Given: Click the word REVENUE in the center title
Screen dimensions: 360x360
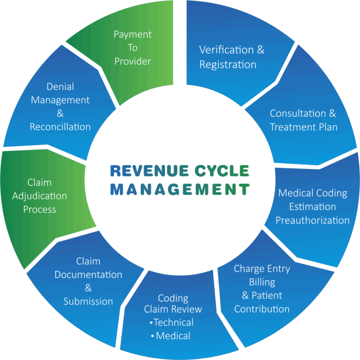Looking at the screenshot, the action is point(150,171).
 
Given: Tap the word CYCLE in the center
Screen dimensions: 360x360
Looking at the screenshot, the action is point(222,171).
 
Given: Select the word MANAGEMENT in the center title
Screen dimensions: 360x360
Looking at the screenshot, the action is point(180,189).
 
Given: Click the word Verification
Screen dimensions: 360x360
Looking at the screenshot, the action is point(226,50).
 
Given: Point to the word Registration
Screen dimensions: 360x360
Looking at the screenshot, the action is point(228,65).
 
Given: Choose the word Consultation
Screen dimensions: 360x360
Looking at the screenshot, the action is point(298,113).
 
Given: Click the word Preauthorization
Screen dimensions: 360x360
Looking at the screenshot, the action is point(313,220).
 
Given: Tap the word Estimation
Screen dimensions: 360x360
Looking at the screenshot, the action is point(313,207).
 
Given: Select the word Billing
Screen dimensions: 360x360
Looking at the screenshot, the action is point(262,282).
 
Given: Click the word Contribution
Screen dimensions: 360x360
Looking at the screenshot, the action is point(262,309).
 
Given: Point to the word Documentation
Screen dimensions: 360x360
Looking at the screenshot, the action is point(88,275).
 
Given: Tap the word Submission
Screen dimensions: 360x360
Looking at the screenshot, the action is point(88,301).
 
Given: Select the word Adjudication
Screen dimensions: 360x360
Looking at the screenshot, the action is point(39,196).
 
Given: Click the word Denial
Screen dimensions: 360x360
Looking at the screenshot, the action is point(60,87).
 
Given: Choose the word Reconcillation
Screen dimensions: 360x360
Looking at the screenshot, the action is point(60,127).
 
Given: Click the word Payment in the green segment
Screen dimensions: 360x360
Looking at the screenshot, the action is point(133,35).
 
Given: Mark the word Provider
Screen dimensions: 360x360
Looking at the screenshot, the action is point(133,61).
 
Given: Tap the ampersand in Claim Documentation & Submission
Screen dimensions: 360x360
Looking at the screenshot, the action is point(88,288).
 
